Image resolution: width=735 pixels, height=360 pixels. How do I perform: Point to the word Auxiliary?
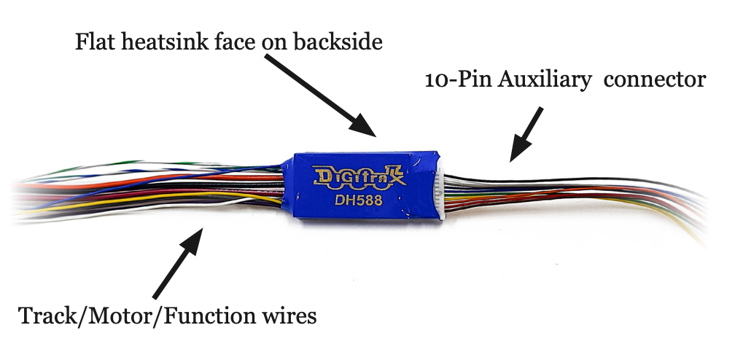point(545,79)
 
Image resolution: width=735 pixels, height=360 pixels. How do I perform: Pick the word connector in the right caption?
point(655,80)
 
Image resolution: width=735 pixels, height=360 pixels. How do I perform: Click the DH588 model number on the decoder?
point(359,200)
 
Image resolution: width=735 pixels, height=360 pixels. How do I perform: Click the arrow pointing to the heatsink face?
point(320,95)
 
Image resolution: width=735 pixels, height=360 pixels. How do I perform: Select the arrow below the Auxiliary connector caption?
point(526,134)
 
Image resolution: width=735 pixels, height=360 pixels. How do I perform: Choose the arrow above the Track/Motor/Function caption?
point(178,262)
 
